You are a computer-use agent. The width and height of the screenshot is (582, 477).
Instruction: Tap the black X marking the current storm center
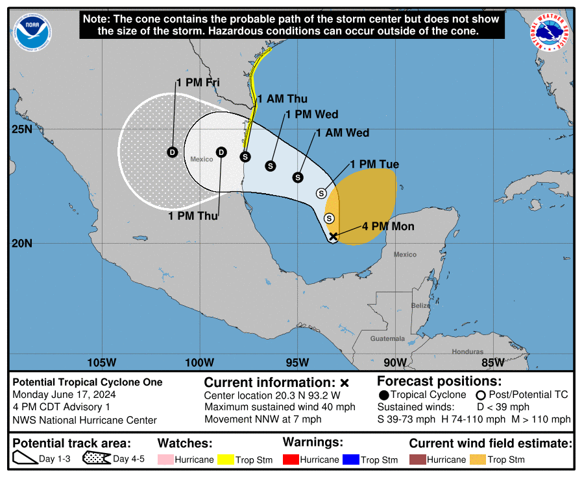(333, 237)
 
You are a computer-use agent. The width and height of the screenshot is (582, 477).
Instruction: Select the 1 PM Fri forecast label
(198, 82)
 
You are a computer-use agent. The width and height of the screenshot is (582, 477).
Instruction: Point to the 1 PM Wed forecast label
(312, 115)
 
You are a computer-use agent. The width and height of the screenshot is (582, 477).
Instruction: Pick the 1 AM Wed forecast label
(343, 133)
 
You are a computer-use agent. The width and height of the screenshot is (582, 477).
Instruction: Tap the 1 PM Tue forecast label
(374, 165)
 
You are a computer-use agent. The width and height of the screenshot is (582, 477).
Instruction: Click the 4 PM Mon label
(388, 227)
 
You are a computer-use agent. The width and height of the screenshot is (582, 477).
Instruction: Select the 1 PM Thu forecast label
(193, 216)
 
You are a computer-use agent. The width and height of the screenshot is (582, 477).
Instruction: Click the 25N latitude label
(21, 130)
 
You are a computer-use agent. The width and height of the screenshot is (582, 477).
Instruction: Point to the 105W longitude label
(101, 362)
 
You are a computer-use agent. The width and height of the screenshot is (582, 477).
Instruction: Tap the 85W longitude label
(493, 362)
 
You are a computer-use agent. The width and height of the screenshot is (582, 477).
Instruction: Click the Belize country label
(420, 305)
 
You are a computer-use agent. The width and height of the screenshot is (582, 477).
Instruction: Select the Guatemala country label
(387, 339)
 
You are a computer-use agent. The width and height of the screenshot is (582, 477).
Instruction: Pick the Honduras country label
(467, 352)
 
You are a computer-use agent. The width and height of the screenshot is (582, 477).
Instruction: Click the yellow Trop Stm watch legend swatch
(226, 460)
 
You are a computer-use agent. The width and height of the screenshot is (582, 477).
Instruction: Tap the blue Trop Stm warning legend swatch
(351, 460)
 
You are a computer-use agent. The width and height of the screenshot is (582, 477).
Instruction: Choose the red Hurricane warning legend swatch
(291, 460)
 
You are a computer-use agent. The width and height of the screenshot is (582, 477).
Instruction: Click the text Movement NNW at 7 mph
(264, 419)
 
